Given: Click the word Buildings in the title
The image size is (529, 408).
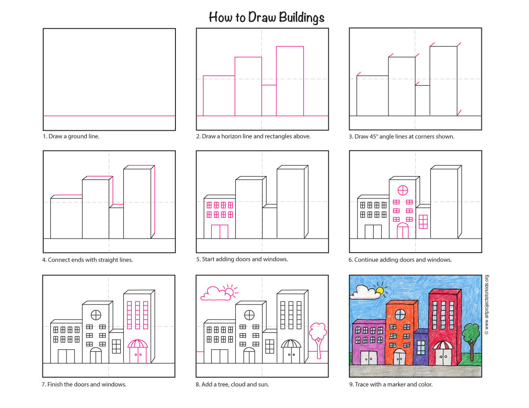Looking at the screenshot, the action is pos(302,18).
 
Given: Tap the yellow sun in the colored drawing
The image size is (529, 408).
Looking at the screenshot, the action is pos(380,290).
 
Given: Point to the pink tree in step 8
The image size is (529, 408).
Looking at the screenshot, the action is pos(318,339).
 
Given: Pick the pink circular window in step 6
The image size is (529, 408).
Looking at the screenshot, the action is pos(402,190).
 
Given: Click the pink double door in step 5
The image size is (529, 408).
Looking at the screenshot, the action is pos(220,232).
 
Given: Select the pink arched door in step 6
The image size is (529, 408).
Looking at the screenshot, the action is pos(402,231).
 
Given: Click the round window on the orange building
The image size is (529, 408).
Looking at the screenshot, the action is pos(400,315).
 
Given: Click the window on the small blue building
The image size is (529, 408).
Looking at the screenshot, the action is pos(421,348).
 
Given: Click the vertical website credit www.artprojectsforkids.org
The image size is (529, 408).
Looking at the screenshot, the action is pos(487,305).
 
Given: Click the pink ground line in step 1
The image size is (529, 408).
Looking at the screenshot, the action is pos(109,116).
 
